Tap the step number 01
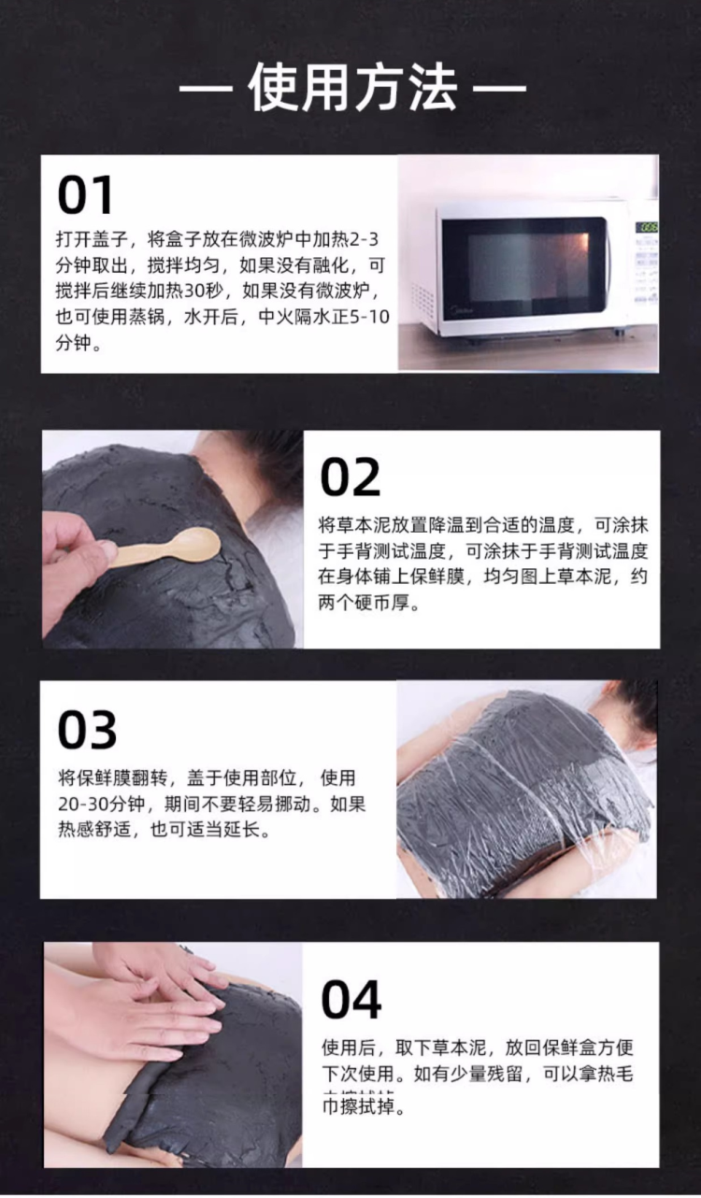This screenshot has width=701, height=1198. coord(85,196)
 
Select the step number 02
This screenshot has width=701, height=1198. coord(351,477)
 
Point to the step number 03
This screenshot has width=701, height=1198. coord(88,730)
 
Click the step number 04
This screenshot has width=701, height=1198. coord(351,1000)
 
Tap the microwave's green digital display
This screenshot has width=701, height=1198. coord(646,227)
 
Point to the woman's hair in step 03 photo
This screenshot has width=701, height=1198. coord(635,703)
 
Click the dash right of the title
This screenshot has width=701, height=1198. coord(499,91)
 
